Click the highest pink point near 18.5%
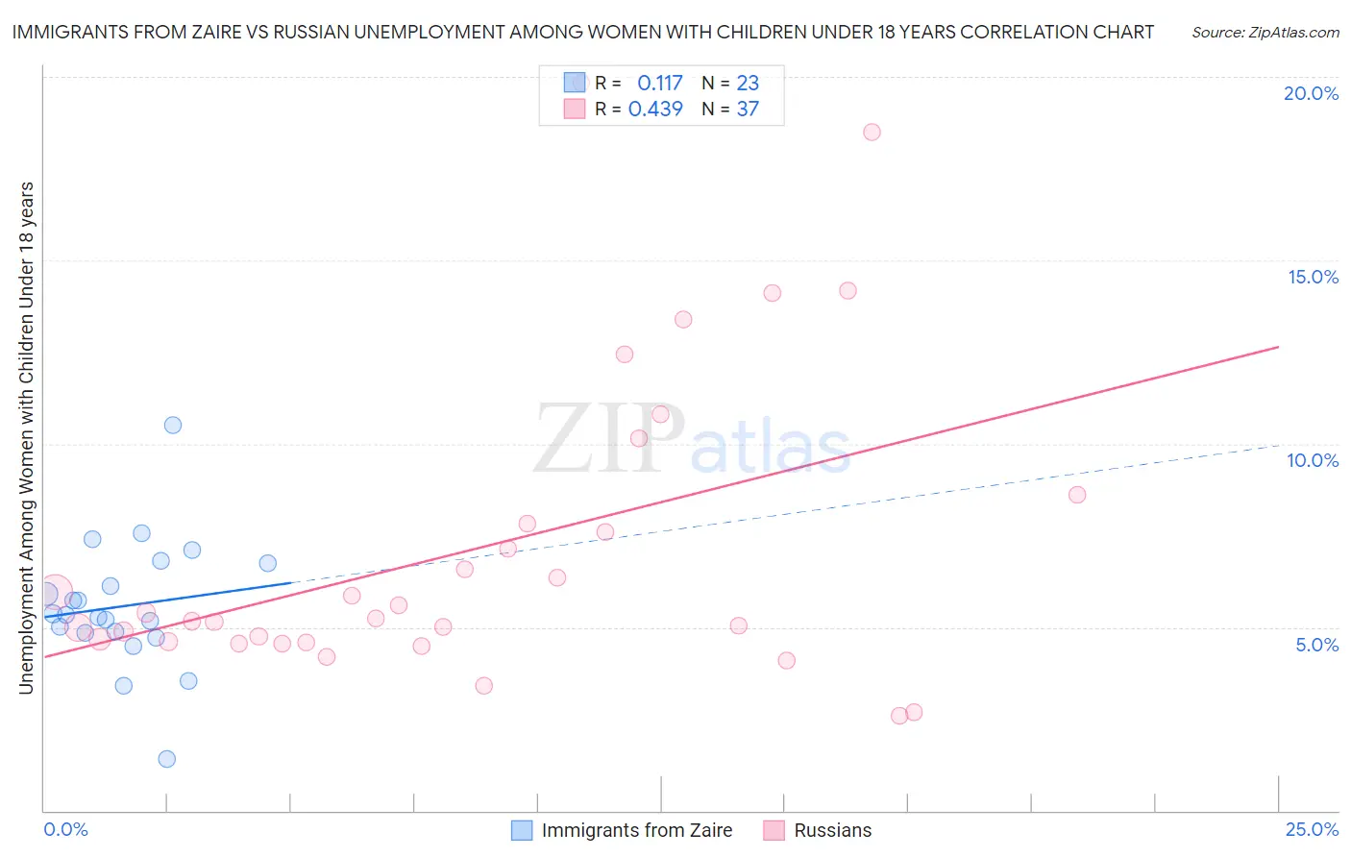(x=872, y=133)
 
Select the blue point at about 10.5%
(x=173, y=425)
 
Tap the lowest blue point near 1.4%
(x=167, y=759)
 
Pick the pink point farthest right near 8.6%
(x=1077, y=495)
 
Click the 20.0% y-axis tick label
(x=1311, y=93)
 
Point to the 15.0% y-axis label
(x=1313, y=277)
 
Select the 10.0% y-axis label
(x=1313, y=460)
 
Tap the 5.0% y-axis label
(x=1316, y=645)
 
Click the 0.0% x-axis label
(x=65, y=829)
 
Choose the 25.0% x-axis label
(x=1312, y=829)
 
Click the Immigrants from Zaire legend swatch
(x=522, y=830)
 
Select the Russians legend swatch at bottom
(x=774, y=830)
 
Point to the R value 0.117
(x=660, y=84)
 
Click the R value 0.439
(x=655, y=110)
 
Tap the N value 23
(x=748, y=84)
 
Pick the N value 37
(x=748, y=110)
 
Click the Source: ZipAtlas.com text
(x=1265, y=33)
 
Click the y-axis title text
(x=26, y=437)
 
